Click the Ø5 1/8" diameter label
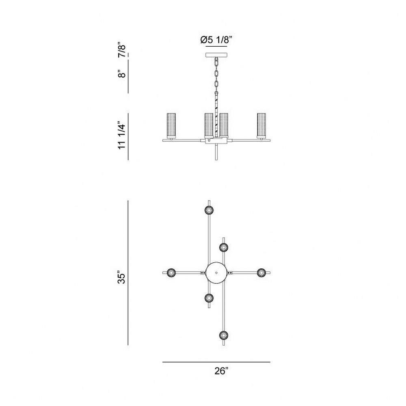[x=216, y=40]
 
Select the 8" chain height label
[x=122, y=74]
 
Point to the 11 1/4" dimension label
[x=122, y=136]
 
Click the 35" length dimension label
[x=122, y=277]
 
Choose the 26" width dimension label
[x=221, y=371]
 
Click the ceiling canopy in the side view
[x=216, y=55]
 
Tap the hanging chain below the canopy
[x=216, y=75]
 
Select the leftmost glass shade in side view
[x=171, y=125]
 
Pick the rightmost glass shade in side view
[x=261, y=125]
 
